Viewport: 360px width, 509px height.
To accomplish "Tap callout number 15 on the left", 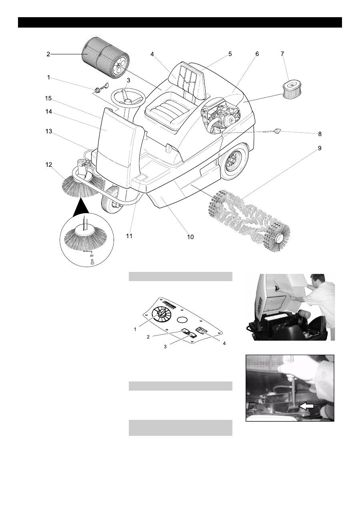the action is tap(48, 98).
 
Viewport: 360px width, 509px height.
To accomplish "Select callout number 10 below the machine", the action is tap(190, 237).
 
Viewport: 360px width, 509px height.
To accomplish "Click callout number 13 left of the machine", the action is tap(48, 131).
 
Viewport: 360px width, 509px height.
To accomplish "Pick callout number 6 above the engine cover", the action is tap(257, 54).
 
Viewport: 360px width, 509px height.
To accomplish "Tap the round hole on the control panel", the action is tap(182, 319).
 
